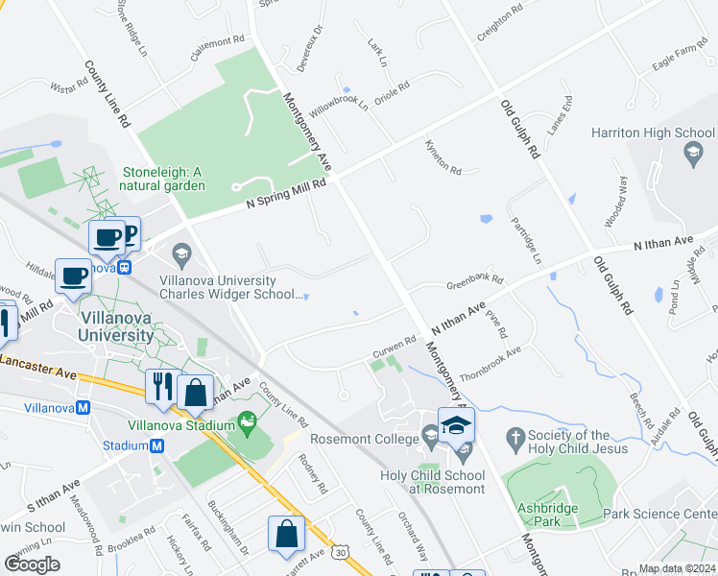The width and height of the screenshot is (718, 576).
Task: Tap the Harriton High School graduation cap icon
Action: [x=690, y=152]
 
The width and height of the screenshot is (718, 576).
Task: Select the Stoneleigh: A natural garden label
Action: [x=163, y=179]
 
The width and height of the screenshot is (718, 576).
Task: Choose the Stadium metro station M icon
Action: [x=156, y=445]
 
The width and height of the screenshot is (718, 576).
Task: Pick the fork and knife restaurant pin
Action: [x=160, y=386]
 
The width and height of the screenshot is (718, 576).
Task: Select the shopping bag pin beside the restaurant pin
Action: [x=196, y=392]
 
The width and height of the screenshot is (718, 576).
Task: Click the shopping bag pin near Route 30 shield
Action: [x=286, y=534]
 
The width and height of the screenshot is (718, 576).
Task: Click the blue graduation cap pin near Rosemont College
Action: [x=456, y=423]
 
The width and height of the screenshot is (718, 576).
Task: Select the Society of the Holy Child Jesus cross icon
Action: [x=515, y=440]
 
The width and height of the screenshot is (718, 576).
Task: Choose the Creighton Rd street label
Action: [x=499, y=19]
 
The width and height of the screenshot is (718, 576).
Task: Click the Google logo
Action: [x=33, y=564]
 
